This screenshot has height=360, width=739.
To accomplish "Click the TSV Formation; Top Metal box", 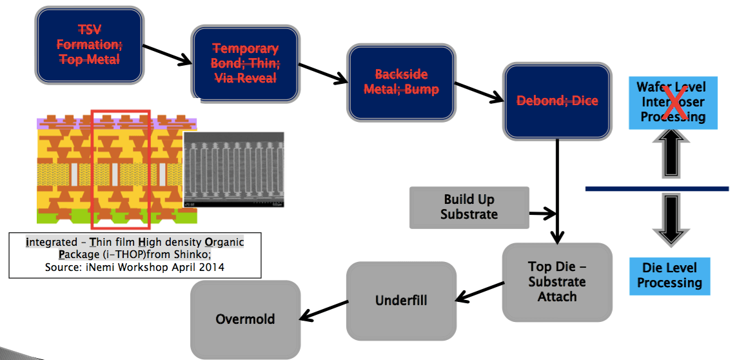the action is (x=90, y=45).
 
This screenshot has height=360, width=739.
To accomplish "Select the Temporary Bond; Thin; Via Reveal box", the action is (x=245, y=63).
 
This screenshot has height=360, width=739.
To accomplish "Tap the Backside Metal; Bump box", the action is (x=402, y=82).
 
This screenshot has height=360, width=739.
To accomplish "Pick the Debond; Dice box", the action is (x=558, y=101).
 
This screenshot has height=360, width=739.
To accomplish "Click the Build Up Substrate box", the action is (x=469, y=208).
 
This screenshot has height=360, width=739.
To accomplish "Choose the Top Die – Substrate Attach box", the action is (x=558, y=282).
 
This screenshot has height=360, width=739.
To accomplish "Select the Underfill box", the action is (x=402, y=301).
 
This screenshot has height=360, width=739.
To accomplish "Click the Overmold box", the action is (x=245, y=319).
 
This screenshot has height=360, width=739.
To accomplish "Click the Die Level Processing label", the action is (x=670, y=275).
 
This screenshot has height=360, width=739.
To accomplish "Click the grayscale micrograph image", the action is (x=234, y=170).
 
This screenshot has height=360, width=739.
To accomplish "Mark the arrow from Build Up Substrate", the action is (x=543, y=214).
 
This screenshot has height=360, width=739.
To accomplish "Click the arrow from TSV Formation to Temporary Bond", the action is (x=166, y=55).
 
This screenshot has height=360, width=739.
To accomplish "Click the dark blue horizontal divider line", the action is (x=657, y=189).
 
